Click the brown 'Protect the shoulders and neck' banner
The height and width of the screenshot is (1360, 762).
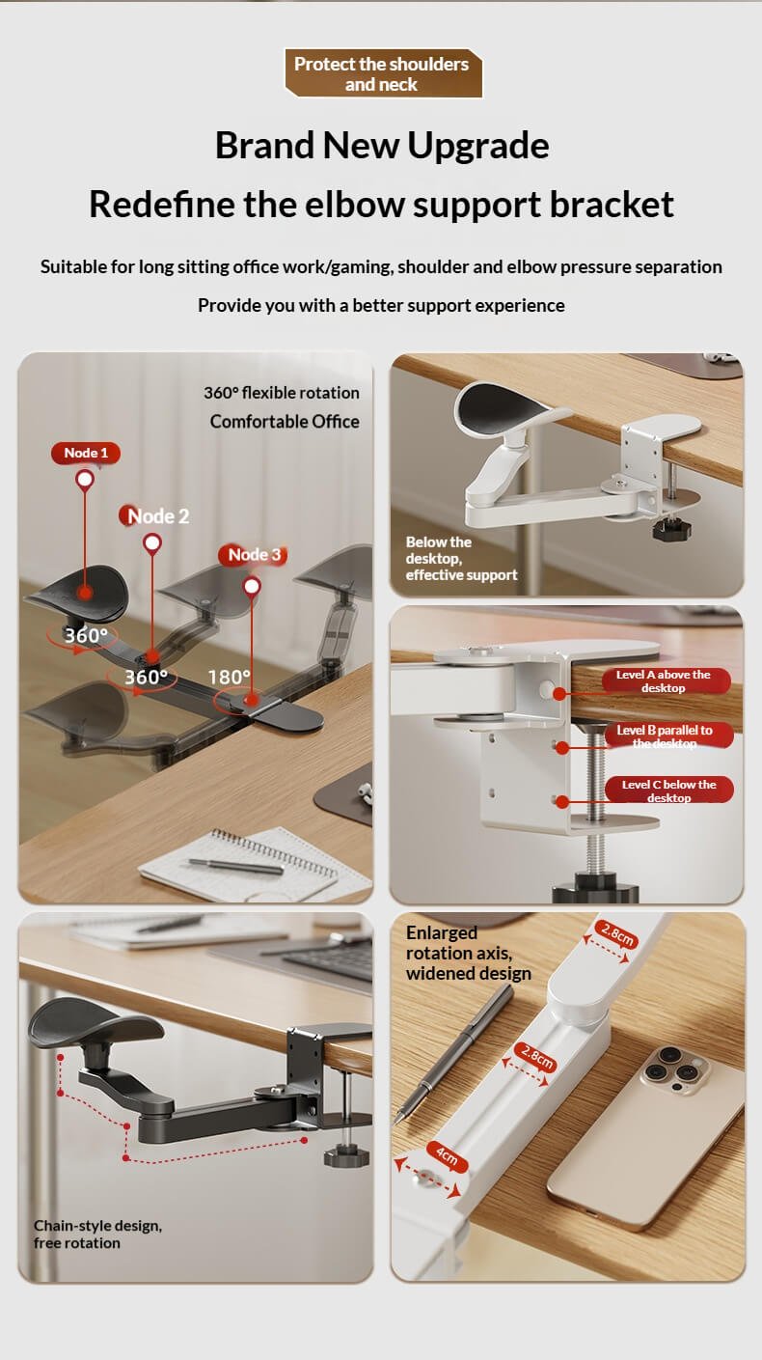click(384, 73)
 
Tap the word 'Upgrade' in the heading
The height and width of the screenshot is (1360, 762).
click(478, 146)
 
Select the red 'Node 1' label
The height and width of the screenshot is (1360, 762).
click(86, 453)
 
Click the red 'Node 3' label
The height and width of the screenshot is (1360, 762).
click(254, 555)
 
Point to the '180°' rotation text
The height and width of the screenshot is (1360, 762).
click(229, 677)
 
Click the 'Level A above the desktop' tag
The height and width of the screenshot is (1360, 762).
click(665, 681)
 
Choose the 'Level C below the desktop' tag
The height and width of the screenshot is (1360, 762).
click(668, 791)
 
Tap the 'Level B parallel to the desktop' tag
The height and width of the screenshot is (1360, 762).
click(667, 736)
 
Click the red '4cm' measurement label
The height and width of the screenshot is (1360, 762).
click(447, 1156)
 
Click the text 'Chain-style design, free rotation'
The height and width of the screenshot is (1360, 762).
click(97, 1235)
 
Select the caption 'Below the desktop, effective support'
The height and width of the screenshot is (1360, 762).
click(461, 559)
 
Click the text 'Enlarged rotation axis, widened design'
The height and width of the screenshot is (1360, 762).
click(469, 953)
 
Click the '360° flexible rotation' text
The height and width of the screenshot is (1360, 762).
click(282, 393)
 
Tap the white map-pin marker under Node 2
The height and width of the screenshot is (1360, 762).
click(152, 543)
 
